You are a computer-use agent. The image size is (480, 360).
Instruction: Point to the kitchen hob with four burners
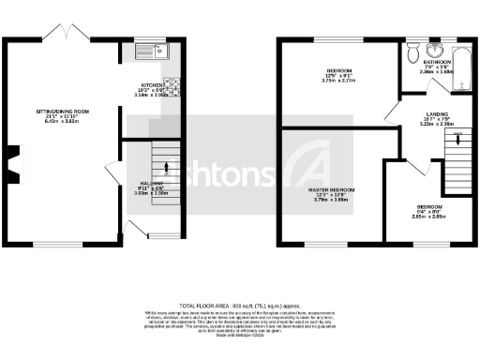[172, 85]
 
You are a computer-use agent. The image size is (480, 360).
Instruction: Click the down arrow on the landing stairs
[457, 138]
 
